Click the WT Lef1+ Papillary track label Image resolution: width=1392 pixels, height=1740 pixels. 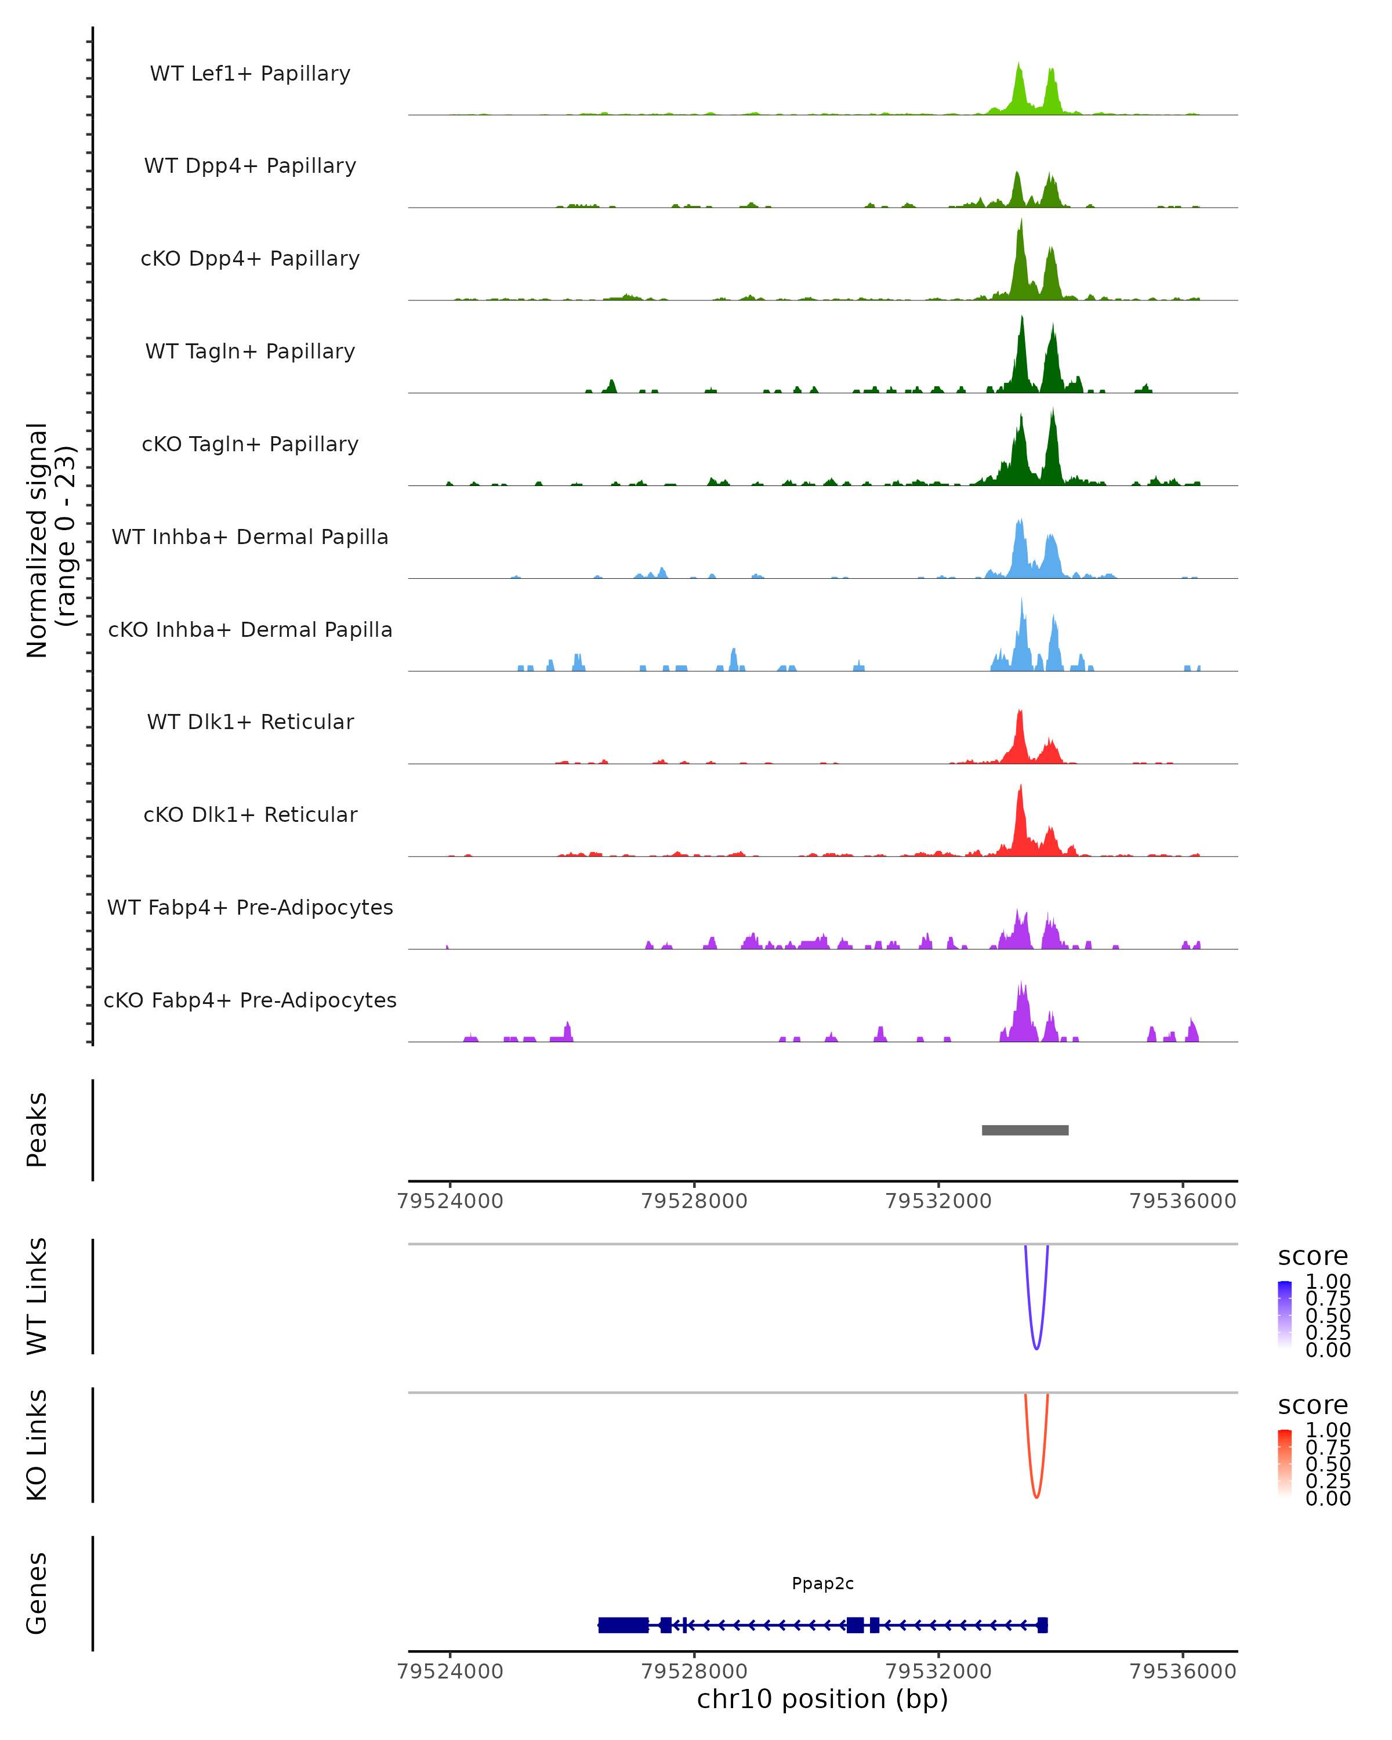(250, 74)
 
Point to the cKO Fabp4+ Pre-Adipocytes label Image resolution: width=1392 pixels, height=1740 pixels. (250, 1000)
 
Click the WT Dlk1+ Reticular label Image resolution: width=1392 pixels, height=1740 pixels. (250, 722)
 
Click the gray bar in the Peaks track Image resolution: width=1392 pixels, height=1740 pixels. (1025, 1130)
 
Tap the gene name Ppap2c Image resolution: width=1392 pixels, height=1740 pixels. (822, 1583)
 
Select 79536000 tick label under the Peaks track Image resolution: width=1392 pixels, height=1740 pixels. (1183, 1201)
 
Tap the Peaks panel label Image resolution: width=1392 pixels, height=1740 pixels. (37, 1130)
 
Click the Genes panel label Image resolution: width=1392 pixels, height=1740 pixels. (37, 1593)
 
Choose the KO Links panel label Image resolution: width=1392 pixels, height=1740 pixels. (37, 1445)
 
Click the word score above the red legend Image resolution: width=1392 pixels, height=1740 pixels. (1313, 1405)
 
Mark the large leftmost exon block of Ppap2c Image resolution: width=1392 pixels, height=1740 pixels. (623, 1625)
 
